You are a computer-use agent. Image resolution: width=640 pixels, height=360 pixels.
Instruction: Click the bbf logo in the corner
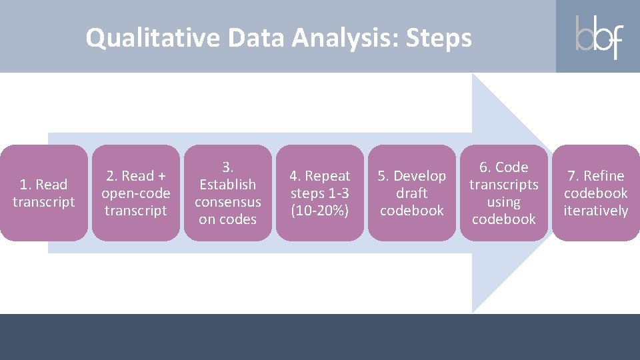[599, 37]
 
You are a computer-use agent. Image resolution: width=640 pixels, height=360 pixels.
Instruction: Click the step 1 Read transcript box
[44, 193]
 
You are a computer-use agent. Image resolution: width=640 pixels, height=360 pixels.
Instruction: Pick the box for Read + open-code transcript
[136, 193]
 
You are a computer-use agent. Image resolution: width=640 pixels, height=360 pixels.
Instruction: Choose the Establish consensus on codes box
[228, 193]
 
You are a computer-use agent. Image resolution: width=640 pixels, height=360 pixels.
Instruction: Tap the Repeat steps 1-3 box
[320, 193]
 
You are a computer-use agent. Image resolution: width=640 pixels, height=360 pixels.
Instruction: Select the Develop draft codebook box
[412, 193]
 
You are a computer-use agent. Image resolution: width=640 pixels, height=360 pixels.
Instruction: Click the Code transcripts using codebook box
[504, 193]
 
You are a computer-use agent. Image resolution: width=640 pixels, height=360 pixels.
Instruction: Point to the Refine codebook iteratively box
[596, 193]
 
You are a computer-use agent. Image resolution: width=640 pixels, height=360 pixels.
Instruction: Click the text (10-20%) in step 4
[320, 211]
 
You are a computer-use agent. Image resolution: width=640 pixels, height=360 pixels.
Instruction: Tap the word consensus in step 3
[228, 202]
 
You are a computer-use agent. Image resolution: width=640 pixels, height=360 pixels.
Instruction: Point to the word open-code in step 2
[136, 193]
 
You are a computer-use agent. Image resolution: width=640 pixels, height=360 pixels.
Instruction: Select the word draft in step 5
[412, 193]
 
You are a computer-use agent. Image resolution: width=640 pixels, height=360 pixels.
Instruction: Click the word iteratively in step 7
[596, 211]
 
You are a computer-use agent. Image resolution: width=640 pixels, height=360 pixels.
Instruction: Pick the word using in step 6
[504, 202]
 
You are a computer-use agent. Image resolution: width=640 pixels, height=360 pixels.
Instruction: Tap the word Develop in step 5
[420, 176]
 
